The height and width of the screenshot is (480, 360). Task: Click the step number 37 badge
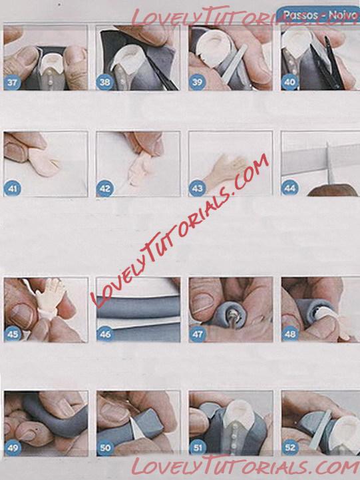13,83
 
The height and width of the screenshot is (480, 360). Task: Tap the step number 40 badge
289,82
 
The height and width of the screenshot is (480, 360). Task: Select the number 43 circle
197,188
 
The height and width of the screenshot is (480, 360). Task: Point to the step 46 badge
105,334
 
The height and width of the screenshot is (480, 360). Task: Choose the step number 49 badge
13,448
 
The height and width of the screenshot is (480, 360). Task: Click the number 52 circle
289,447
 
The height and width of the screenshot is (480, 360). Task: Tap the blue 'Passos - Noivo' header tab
318,15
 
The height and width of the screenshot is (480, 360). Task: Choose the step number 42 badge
105,188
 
